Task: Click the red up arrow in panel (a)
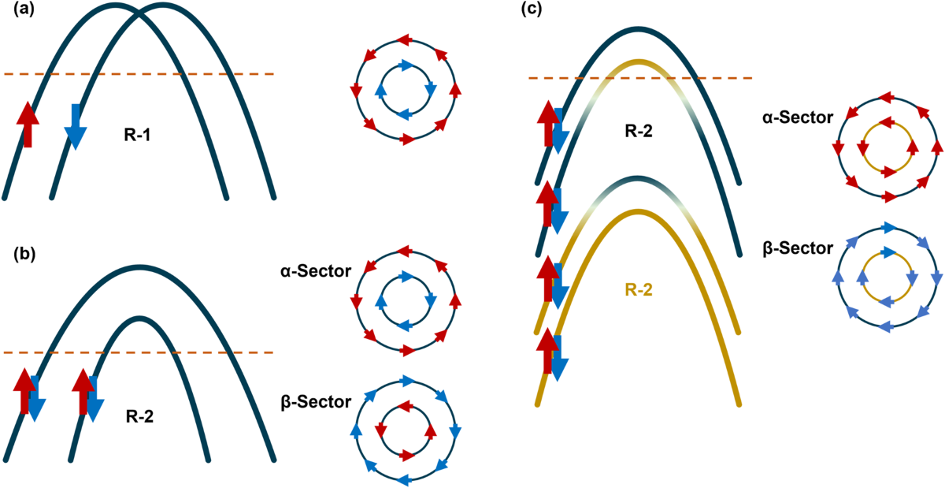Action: (x=28, y=125)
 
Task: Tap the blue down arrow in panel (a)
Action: (x=76, y=126)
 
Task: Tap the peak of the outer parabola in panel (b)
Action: (x=139, y=268)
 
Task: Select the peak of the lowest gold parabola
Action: (x=639, y=211)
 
